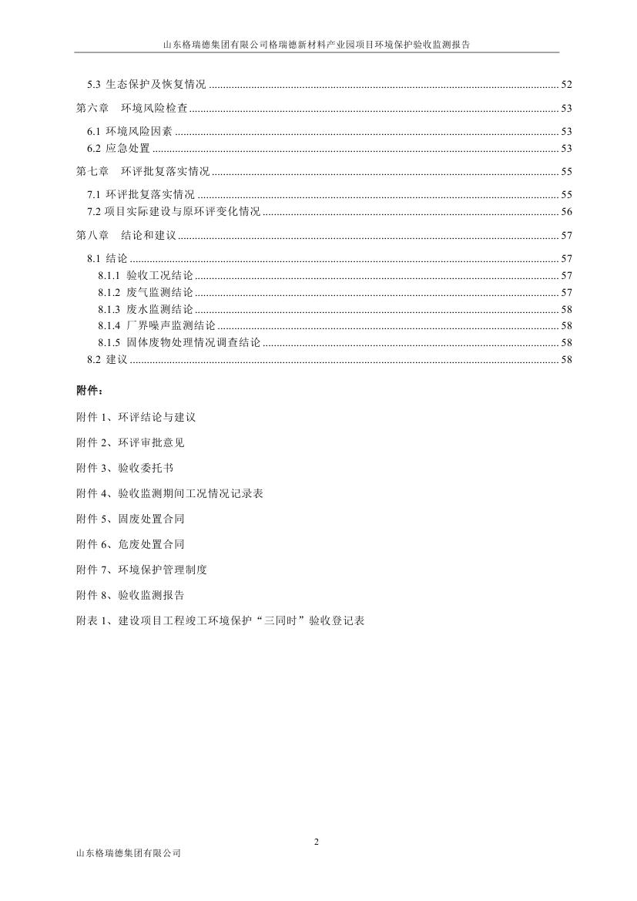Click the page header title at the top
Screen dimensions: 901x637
pos(317,45)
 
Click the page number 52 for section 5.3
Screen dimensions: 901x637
pos(566,85)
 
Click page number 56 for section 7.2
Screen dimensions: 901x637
pos(566,211)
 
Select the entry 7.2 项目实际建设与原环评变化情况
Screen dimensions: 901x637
pos(173,211)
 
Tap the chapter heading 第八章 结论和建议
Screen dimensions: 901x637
pos(126,235)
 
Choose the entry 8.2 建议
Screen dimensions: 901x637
pos(107,359)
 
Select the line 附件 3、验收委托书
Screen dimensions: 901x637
pos(125,468)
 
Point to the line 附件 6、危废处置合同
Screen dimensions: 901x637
pos(130,544)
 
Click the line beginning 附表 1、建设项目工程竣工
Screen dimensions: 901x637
pos(220,620)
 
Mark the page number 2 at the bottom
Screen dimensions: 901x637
pos(317,841)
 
